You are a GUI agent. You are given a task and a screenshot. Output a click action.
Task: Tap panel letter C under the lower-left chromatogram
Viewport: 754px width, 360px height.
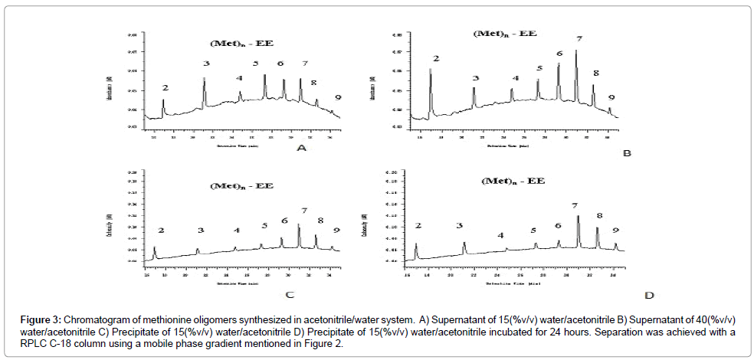point(290,293)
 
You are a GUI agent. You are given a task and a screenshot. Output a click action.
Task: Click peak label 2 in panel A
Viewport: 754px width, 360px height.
point(165,88)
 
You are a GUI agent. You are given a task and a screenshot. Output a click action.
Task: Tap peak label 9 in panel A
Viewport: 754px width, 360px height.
point(338,98)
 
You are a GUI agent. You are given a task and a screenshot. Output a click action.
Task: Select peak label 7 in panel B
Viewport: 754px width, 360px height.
point(579,38)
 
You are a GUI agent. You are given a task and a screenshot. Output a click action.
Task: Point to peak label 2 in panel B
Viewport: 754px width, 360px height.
point(436,59)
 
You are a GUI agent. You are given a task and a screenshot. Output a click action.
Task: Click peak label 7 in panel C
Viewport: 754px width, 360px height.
point(304,211)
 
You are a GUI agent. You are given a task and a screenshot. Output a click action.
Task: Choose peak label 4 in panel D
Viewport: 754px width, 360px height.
point(501,236)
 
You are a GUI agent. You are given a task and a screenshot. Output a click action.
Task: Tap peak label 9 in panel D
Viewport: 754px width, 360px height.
point(615,230)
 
